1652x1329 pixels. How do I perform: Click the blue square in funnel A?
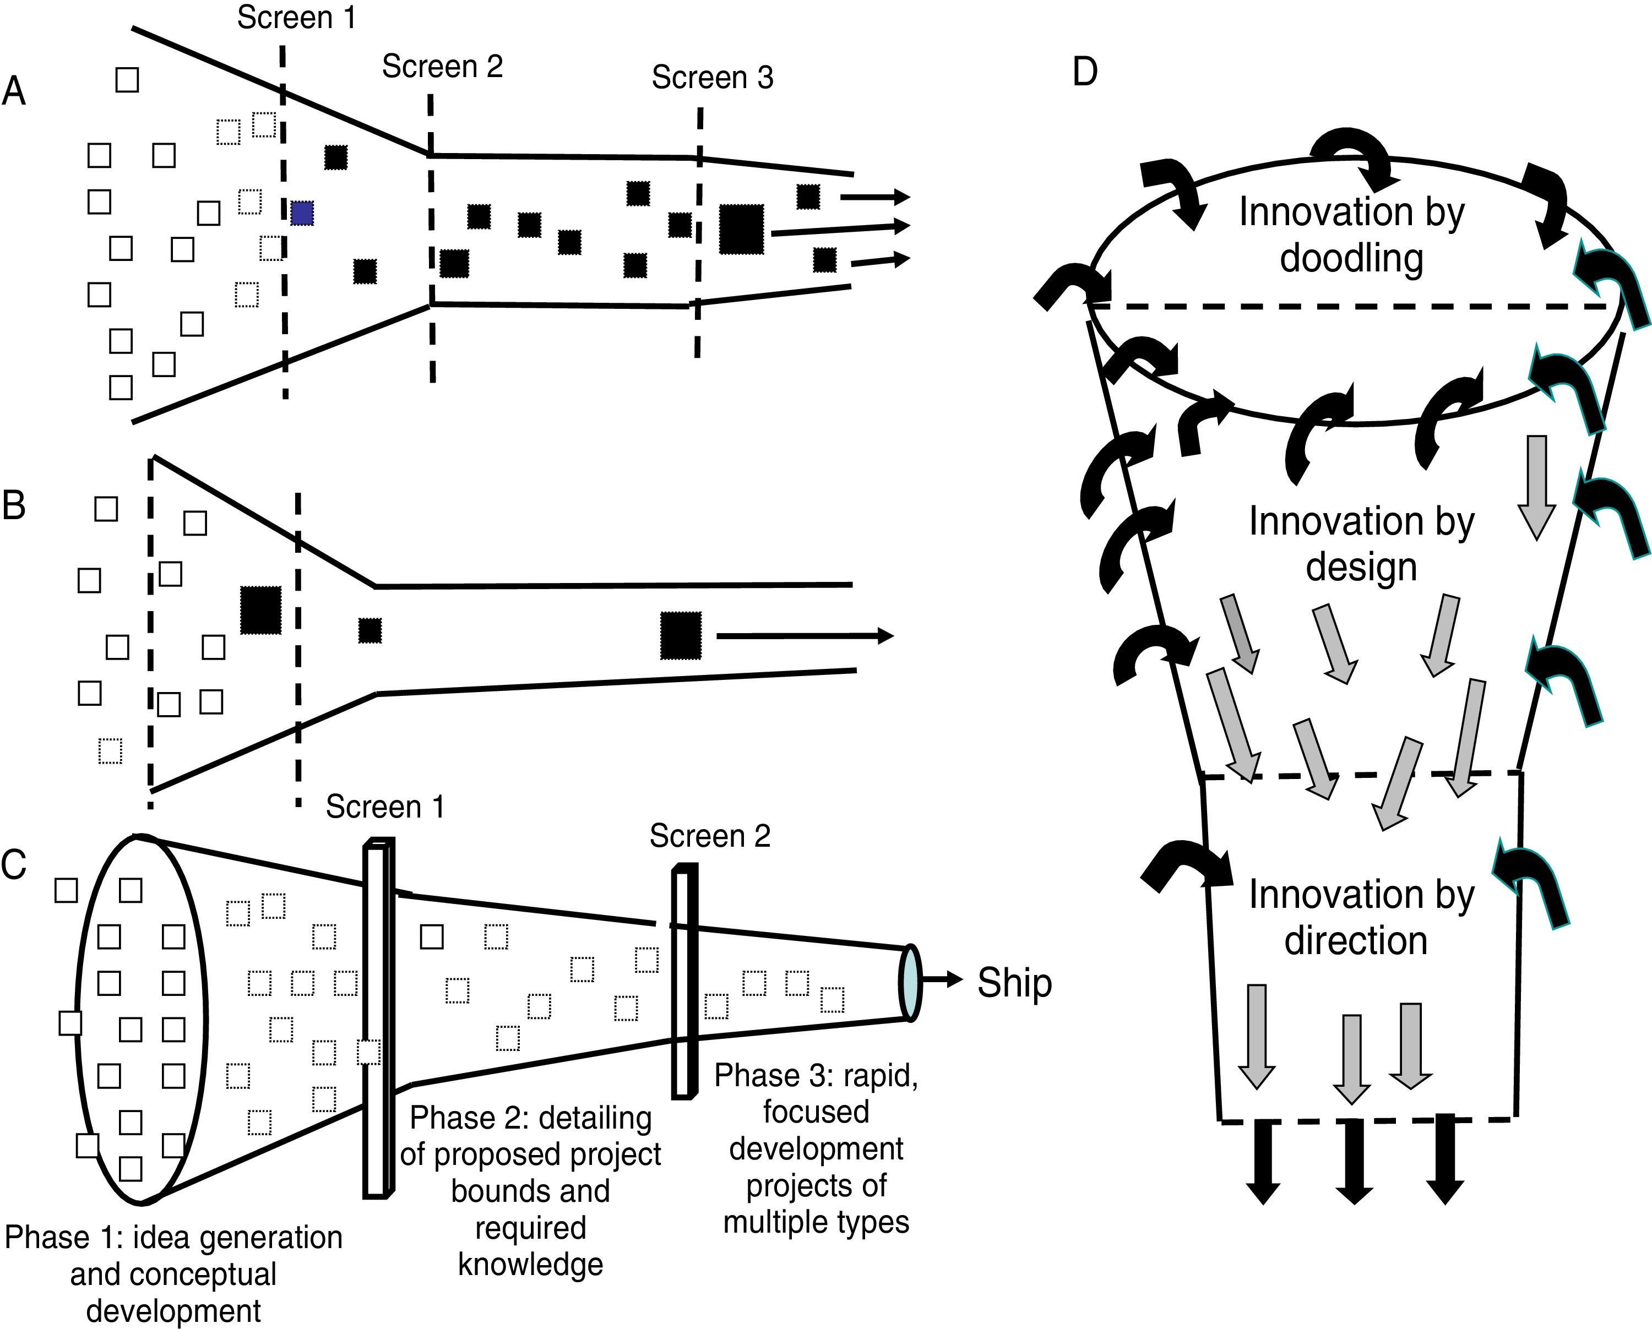click(x=302, y=213)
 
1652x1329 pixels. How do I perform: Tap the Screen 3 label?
click(x=713, y=78)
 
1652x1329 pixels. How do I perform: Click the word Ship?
click(x=1014, y=983)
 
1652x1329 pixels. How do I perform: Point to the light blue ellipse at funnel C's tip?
click(x=910, y=983)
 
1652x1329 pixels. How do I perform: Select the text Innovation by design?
click(x=1362, y=544)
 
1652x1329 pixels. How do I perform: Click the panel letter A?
click(x=14, y=91)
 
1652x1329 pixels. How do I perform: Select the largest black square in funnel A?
click(x=742, y=229)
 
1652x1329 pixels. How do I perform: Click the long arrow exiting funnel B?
click(x=805, y=636)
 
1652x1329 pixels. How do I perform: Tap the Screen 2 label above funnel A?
click(x=443, y=67)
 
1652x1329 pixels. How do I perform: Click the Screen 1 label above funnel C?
click(x=385, y=807)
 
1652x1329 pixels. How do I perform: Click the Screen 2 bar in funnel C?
click(x=685, y=981)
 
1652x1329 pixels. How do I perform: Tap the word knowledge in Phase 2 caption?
click(x=530, y=1264)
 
